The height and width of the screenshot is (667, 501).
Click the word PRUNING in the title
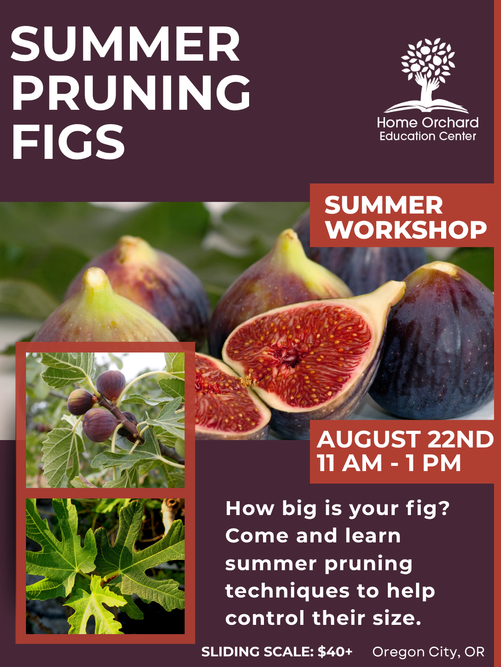click(x=131, y=93)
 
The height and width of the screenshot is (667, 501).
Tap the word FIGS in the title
click(x=68, y=142)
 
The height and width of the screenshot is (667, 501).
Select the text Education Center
click(x=428, y=136)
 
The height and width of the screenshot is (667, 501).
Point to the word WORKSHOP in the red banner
click(x=406, y=230)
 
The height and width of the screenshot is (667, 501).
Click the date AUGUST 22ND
click(x=405, y=439)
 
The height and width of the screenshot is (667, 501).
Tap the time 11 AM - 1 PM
click(x=389, y=463)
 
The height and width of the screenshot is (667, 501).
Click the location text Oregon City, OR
click(x=428, y=652)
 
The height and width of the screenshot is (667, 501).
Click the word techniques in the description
click(x=287, y=591)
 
